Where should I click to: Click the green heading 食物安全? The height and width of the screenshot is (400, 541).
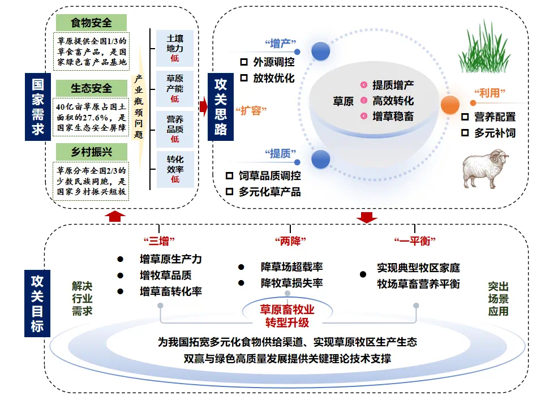pos(91,23)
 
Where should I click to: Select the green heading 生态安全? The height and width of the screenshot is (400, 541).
pos(91,88)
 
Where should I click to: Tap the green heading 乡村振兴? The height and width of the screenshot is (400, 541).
pos(91,152)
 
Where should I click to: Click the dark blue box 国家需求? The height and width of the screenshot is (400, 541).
pos(38,106)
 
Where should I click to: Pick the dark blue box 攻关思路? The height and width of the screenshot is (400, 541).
pos(221,106)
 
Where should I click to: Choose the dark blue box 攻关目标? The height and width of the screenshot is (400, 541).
pos(38,303)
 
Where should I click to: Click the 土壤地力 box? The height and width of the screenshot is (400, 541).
pos(175,49)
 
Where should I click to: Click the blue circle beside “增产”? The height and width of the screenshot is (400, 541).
pos(320,50)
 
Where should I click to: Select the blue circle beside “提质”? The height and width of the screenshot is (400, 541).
pos(320,159)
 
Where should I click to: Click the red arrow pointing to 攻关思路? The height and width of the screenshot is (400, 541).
pos(203,105)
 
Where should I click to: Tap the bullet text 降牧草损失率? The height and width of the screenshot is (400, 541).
pos(291,283)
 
